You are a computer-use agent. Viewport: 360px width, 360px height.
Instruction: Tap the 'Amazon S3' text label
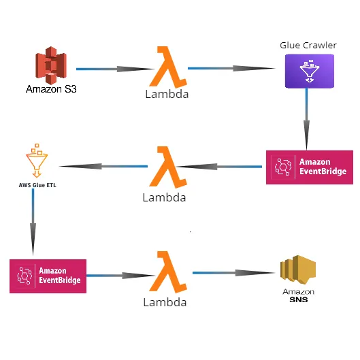(51, 88)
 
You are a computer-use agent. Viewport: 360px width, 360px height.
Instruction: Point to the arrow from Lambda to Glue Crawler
(231, 69)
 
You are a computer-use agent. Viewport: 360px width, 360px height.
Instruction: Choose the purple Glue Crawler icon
(309, 71)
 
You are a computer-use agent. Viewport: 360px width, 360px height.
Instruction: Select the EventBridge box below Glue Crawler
(310, 167)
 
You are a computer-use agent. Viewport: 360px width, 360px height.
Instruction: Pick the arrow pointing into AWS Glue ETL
(102, 166)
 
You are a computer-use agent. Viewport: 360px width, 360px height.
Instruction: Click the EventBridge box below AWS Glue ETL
(48, 276)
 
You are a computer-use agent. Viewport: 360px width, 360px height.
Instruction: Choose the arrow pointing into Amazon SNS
(232, 273)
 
